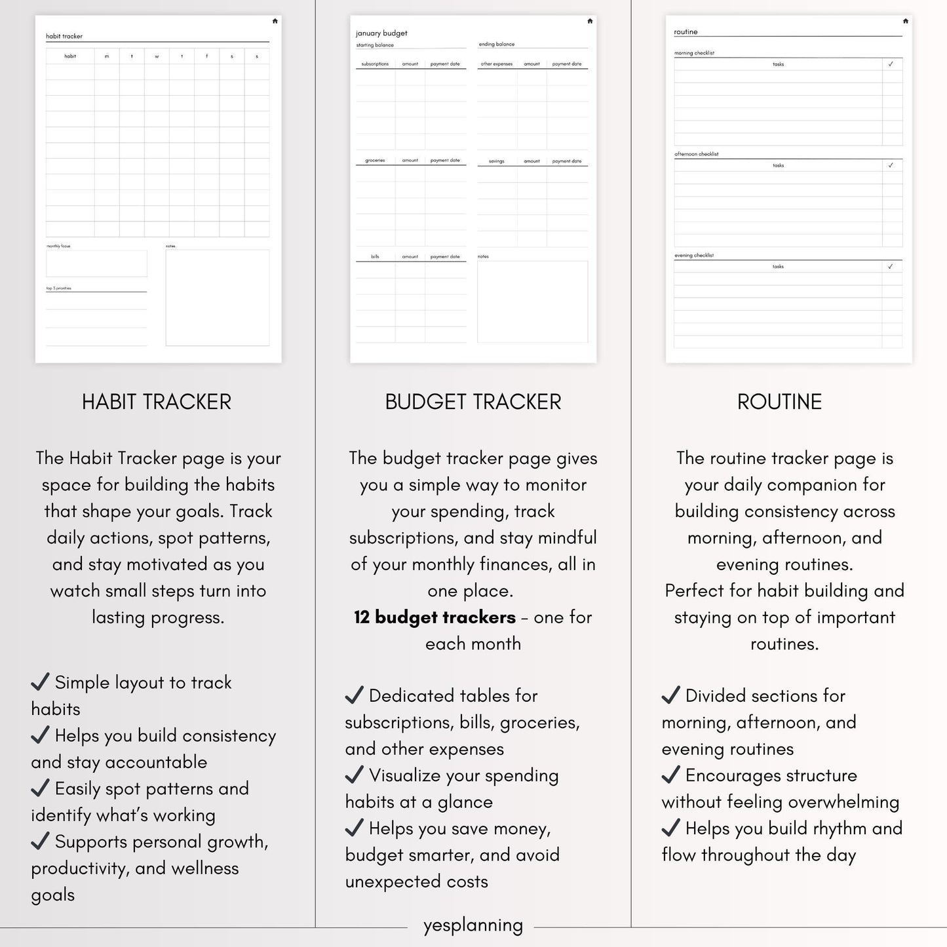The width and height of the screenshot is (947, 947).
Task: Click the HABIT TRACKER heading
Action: coord(157,402)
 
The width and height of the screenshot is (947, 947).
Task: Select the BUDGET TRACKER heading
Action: coord(473,402)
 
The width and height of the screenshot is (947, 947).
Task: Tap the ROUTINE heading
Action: coord(779,402)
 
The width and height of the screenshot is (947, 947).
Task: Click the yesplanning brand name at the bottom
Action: coord(473,925)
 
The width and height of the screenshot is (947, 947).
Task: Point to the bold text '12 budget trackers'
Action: coord(435,617)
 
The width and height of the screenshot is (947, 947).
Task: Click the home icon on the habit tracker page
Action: coord(275,21)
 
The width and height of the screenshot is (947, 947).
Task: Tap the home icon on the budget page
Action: coord(590,21)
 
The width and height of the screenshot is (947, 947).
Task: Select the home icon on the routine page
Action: coord(905,21)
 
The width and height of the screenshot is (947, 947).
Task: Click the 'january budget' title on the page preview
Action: coord(381,33)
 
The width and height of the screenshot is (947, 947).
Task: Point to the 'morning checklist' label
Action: coord(694,53)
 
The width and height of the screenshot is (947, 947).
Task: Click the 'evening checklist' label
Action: coord(694,256)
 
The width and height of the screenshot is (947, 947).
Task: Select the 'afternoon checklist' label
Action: coord(696,154)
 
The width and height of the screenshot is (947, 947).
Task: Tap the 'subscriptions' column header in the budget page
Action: coord(375,64)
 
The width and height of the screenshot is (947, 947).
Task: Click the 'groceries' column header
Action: coord(375,161)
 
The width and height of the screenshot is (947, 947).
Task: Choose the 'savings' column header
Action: coord(497,161)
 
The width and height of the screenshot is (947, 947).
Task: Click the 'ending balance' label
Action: coord(497,45)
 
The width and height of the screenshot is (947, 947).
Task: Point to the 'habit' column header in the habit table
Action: coord(70,56)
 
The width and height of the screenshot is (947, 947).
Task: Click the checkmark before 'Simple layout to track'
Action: coord(40,682)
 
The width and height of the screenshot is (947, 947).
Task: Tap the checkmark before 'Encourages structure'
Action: coord(670,775)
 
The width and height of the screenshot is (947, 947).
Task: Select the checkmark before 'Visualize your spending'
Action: coord(354,775)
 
